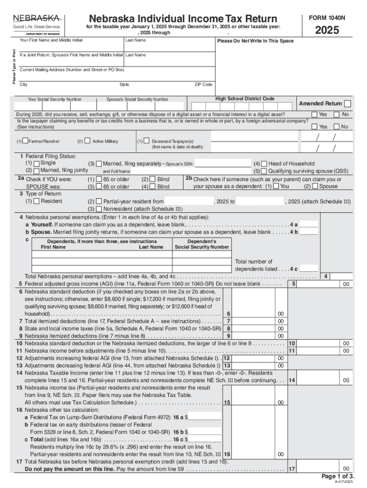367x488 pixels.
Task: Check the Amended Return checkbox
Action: point(348,104)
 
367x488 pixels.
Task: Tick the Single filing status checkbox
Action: point(36,163)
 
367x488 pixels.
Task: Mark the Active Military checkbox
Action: point(88,142)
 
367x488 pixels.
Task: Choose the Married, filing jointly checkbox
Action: point(36,170)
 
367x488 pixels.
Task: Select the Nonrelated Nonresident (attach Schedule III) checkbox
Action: point(99,208)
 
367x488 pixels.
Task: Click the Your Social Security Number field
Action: point(54,106)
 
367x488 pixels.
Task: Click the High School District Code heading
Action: point(245,99)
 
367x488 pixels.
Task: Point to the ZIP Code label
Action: point(203,84)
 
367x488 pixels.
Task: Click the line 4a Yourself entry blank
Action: point(309,224)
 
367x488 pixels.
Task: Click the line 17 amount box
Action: point(325,469)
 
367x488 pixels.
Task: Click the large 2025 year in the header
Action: point(326,30)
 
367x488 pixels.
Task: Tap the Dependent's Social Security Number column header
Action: point(202,244)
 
